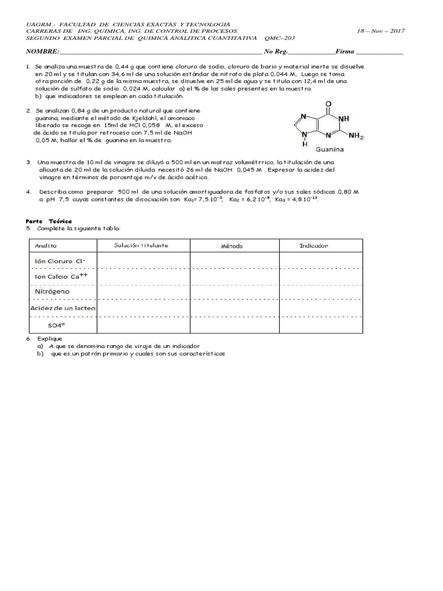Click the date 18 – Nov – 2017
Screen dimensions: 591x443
[381, 31]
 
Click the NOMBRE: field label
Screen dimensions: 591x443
[42, 52]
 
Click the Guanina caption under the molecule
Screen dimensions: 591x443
[329, 149]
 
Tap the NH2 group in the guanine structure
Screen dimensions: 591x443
[356, 136]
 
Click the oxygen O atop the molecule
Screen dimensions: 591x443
[329, 104]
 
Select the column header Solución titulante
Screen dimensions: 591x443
[141, 245]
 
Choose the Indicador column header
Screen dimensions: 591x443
[314, 245]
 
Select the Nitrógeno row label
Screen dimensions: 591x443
[52, 291]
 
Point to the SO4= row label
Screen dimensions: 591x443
[58, 324]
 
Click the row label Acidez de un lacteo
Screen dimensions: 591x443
[63, 308]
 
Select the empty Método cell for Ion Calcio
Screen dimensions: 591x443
[235, 277]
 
